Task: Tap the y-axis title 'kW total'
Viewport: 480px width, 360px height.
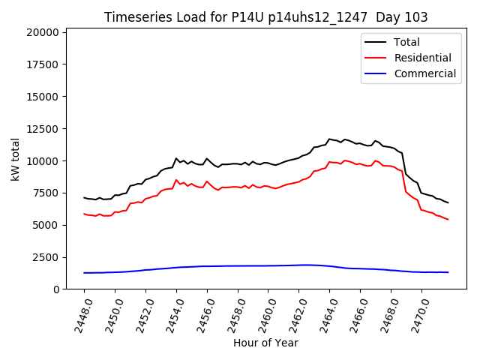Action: (16, 159)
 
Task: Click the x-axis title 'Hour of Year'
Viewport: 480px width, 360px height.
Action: (265, 343)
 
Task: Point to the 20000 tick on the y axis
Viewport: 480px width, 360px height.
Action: (41, 32)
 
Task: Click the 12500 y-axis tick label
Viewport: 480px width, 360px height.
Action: (41, 129)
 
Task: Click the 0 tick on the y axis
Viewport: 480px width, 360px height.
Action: (55, 289)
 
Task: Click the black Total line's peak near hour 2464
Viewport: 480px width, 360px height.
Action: (329, 139)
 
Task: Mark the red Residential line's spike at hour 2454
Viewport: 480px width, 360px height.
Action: (176, 180)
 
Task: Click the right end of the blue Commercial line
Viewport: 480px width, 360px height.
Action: (448, 272)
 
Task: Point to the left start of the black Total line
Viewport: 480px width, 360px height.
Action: (84, 197)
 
